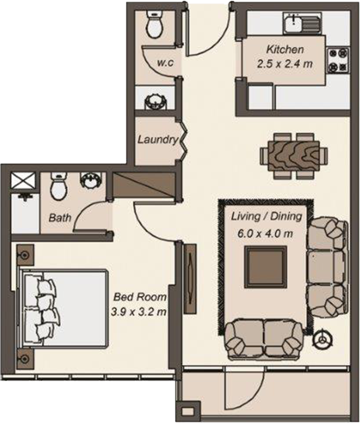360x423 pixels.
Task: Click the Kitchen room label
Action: pyautogui.click(x=285, y=50)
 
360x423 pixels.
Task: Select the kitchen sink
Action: pyautogui.click(x=293, y=24)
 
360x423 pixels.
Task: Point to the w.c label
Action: pyautogui.click(x=165, y=63)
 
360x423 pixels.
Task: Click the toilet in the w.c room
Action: pyautogui.click(x=154, y=24)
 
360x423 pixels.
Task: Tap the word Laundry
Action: pyautogui.click(x=157, y=140)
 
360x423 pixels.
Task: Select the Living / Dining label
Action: pyautogui.click(x=266, y=217)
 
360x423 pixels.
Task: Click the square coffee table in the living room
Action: pyautogui.click(x=266, y=267)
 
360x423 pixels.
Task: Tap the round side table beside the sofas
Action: pyautogui.click(x=323, y=339)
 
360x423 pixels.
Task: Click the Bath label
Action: pyautogui.click(x=60, y=218)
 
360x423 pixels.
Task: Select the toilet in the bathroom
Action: pyautogui.click(x=59, y=188)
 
